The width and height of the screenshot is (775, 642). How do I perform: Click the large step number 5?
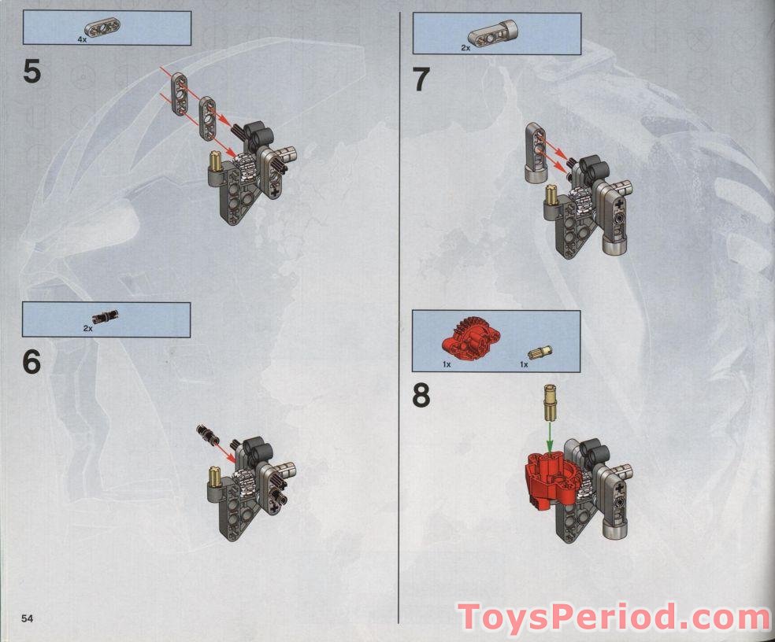pyautogui.click(x=32, y=72)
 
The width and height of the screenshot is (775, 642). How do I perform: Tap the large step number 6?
pyautogui.click(x=32, y=362)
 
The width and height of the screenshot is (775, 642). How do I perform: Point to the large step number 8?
pyautogui.click(x=421, y=397)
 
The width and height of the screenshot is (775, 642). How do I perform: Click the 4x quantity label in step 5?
pyautogui.click(x=83, y=38)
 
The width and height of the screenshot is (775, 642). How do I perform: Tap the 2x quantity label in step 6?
pyautogui.click(x=87, y=328)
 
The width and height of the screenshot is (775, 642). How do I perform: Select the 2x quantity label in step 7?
pyautogui.click(x=465, y=48)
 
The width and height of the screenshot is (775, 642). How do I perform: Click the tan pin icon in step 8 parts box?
pyautogui.click(x=538, y=352)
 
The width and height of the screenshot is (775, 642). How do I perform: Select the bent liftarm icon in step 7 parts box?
pyautogui.click(x=491, y=35)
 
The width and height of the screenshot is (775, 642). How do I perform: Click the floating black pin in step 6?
pyautogui.click(x=210, y=434)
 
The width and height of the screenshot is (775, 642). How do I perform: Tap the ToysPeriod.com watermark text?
pyautogui.click(x=615, y=618)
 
